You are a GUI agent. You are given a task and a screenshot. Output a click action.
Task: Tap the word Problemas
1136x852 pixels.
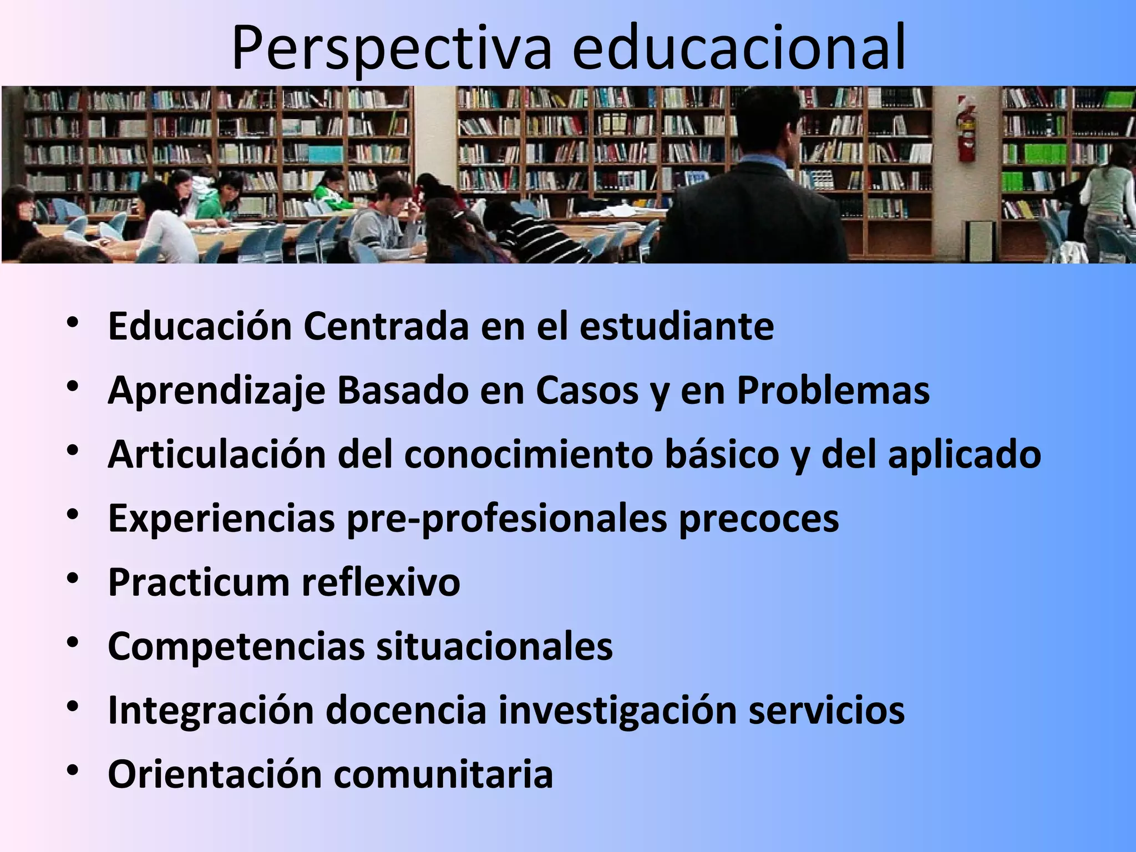coord(833,390)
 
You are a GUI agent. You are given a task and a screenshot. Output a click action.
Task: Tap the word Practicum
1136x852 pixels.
coord(199,582)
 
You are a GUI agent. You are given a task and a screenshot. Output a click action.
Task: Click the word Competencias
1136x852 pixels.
coord(236,646)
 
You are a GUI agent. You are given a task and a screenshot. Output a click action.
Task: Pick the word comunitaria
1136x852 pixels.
coord(443,774)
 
